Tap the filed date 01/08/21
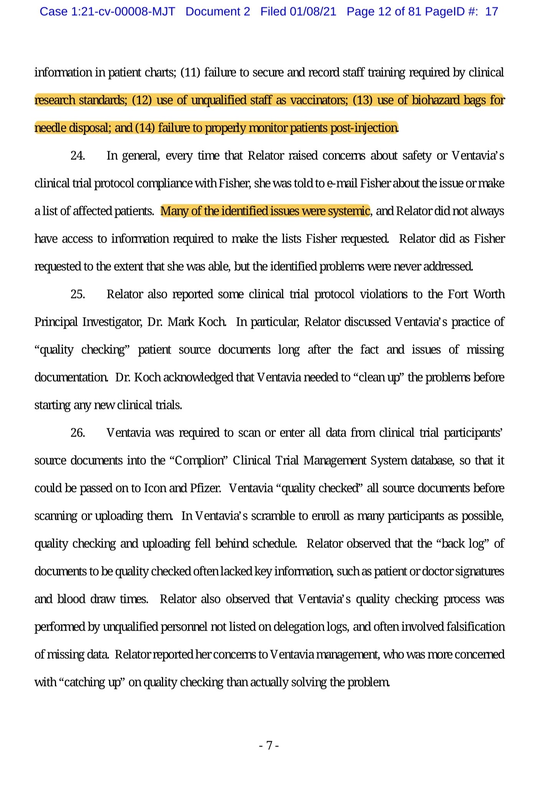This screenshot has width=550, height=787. click(x=313, y=12)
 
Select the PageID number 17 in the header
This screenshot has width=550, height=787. click(x=491, y=12)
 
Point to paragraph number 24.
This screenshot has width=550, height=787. click(x=78, y=156)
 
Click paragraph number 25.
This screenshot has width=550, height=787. click(x=78, y=295)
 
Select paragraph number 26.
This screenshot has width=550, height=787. click(x=78, y=433)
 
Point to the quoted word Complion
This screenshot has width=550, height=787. click(x=200, y=461)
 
